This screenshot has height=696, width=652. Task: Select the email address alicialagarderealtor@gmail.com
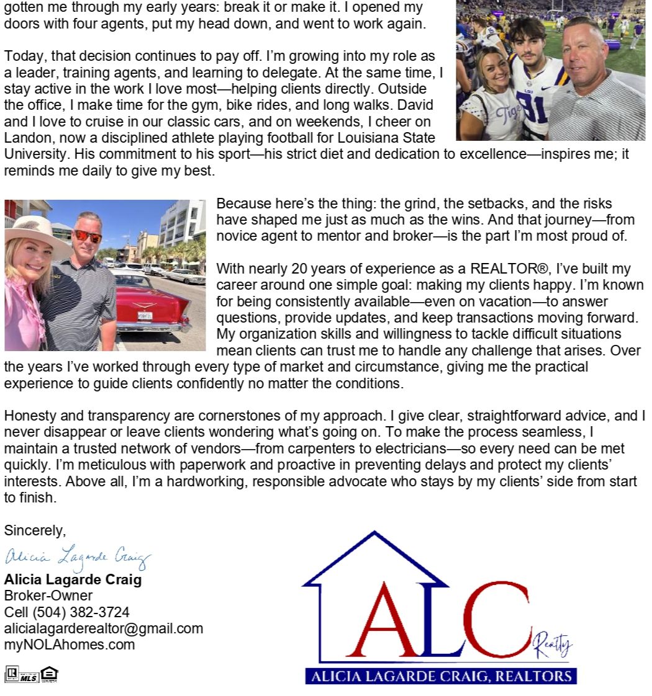coord(103,628)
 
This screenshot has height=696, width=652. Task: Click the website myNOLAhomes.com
coord(70,645)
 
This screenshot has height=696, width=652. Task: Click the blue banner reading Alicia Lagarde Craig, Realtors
coord(441,676)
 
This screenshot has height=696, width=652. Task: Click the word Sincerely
coord(35,530)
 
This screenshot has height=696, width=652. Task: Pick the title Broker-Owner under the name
coord(48,596)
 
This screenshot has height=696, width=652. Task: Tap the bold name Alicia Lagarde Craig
coord(73,580)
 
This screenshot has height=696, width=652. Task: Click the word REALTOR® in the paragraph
coord(507,269)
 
